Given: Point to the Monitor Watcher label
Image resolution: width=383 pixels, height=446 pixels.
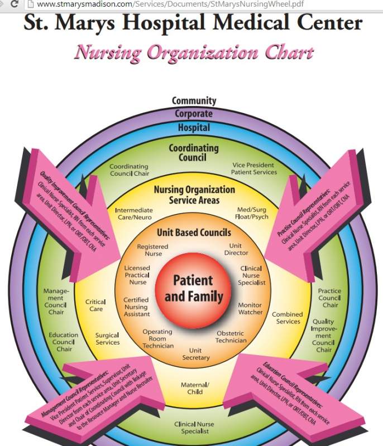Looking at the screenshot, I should click(250, 308).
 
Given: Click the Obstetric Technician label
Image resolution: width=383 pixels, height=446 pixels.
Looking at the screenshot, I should click(231, 337).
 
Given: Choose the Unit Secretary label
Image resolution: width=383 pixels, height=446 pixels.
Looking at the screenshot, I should click(196, 354).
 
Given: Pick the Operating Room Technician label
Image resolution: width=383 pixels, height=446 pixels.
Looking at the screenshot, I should click(157, 338).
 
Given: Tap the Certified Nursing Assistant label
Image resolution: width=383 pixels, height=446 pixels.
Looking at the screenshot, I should click(136, 307).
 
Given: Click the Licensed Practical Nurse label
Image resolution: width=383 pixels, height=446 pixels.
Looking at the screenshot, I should click(137, 275).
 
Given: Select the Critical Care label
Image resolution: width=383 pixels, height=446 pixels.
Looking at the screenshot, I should click(96, 306).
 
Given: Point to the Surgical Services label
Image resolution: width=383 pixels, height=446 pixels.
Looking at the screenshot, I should click(107, 339).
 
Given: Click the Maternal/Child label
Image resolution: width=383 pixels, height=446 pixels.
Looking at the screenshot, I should click(195, 388).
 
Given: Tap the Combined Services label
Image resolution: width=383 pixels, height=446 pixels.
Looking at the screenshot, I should click(288, 318).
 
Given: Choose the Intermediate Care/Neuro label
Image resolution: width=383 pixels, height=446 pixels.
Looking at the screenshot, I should click(134, 214).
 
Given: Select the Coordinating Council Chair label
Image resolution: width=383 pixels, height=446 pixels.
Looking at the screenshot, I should click(129, 170).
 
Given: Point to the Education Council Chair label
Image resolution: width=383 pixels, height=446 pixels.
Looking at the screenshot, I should click(64, 342).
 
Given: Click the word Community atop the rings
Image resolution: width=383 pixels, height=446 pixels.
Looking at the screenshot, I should click(194, 101).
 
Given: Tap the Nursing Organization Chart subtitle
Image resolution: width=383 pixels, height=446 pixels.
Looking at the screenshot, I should click(193, 53).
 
